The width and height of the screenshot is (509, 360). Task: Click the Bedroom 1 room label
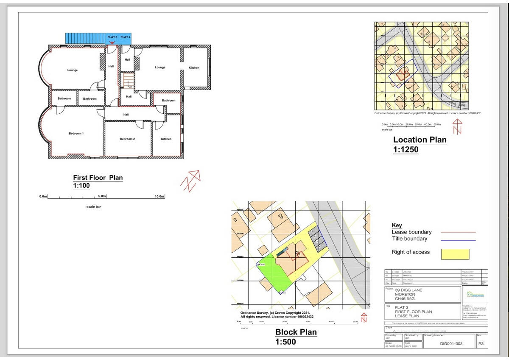click(x=76, y=133)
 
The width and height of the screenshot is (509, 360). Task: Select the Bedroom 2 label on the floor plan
click(x=127, y=139)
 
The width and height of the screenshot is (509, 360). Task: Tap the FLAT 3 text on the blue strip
click(x=112, y=37)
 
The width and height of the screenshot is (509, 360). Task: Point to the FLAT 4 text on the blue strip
click(x=126, y=37)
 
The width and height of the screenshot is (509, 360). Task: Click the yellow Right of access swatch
click(x=455, y=254)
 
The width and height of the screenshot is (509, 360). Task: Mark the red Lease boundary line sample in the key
click(x=458, y=232)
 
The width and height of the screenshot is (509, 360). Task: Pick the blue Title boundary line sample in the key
click(x=458, y=240)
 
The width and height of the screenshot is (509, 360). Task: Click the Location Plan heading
click(x=420, y=140)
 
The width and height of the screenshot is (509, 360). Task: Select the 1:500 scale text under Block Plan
click(x=285, y=342)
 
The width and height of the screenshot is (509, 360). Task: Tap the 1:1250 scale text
click(x=406, y=149)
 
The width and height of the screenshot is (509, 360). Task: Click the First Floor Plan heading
click(x=98, y=178)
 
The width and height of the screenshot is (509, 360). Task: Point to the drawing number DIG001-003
click(x=451, y=343)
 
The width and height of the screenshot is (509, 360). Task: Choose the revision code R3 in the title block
click(x=481, y=343)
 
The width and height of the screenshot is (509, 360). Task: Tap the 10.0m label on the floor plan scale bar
click(x=159, y=197)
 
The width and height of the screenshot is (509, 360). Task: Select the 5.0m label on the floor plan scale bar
click(x=102, y=197)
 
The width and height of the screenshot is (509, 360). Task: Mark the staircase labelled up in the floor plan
click(x=128, y=80)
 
